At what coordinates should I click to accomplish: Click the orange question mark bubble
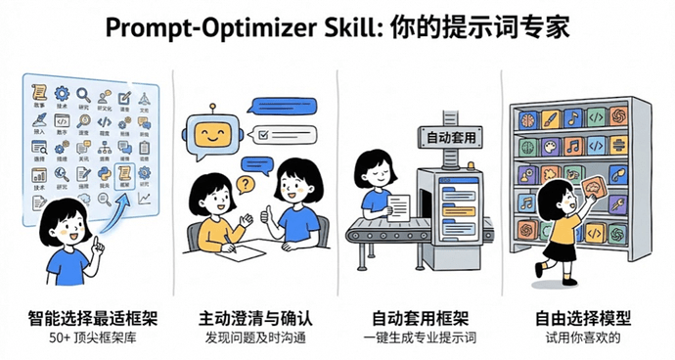245,184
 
